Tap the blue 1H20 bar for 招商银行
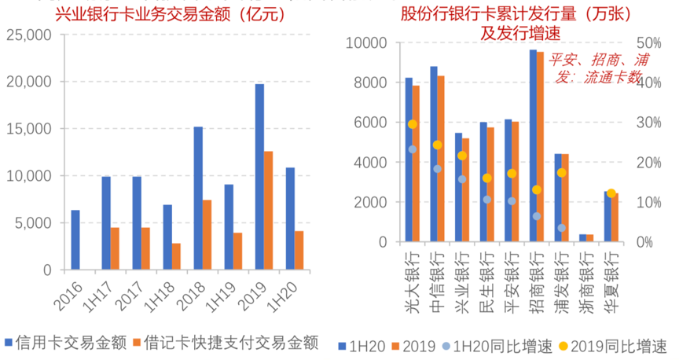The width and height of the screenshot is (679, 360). click(x=533, y=145)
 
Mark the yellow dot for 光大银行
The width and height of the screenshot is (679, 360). click(x=413, y=124)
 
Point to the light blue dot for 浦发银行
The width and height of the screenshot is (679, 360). click(x=562, y=228)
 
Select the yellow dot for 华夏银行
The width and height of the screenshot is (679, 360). click(x=611, y=193)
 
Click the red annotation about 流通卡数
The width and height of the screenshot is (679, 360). click(x=595, y=67)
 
